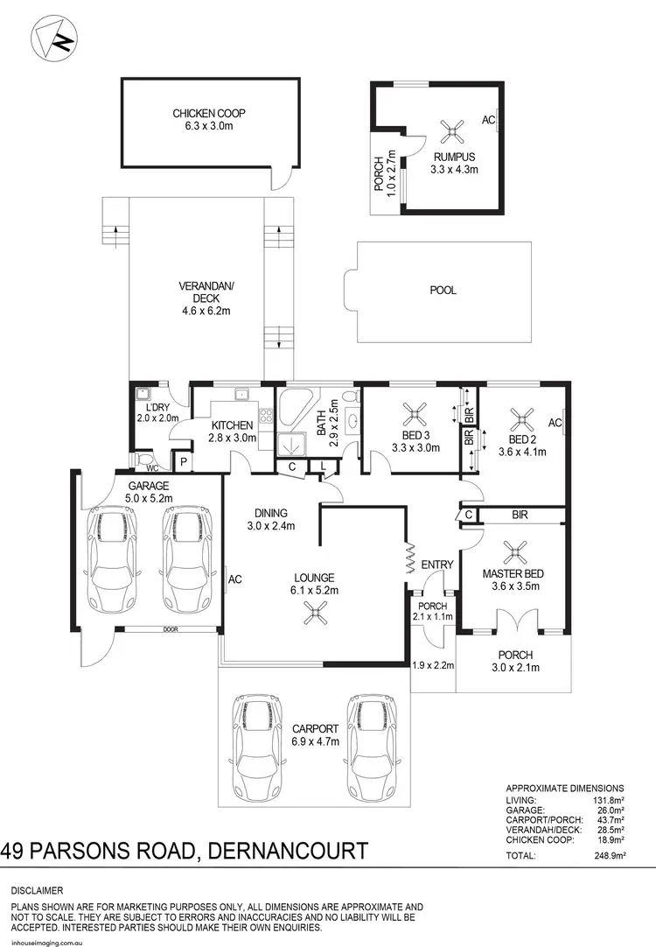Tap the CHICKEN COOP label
pyautogui.click(x=207, y=113)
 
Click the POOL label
pyautogui.click(x=443, y=291)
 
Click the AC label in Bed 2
pyautogui.click(x=553, y=423)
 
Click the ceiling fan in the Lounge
pyautogui.click(x=314, y=616)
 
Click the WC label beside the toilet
pyautogui.click(x=139, y=468)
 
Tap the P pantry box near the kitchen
pyautogui.click(x=183, y=462)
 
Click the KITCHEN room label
pyautogui.click(x=232, y=425)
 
